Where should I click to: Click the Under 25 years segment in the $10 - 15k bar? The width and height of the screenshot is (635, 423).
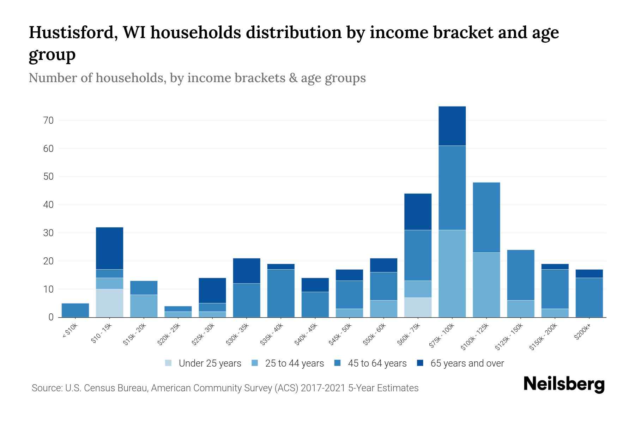coord(109,303)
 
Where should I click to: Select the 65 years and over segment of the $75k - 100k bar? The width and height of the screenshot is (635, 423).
coord(452,126)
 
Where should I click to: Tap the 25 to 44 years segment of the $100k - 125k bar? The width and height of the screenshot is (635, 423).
coord(486,285)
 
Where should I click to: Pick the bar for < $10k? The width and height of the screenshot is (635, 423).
coord(75,310)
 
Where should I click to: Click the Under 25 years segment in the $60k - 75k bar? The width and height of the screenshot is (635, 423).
coord(418,307)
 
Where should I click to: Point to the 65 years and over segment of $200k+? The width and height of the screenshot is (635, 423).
coord(589,274)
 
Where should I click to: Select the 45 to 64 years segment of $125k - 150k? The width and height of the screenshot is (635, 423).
coord(520,275)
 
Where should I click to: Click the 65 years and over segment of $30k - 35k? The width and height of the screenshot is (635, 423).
coord(247,271)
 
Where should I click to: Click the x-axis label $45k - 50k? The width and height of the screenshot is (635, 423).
coord(340,334)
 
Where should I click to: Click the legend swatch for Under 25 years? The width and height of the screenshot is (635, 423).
coord(169,363)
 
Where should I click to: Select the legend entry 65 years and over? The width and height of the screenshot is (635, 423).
coord(467,363)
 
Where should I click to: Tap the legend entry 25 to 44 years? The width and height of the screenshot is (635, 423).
coord(294,363)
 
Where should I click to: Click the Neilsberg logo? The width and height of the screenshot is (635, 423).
coord(564,384)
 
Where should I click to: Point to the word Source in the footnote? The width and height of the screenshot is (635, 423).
coord(47,388)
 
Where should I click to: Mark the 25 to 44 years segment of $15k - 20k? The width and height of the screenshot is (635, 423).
coord(144,306)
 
